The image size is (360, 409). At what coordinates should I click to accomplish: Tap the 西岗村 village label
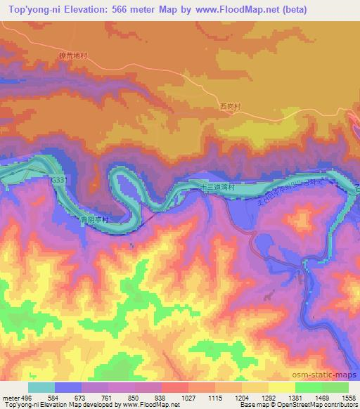point(230,107)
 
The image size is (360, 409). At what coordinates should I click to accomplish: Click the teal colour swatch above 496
point(41,387)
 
